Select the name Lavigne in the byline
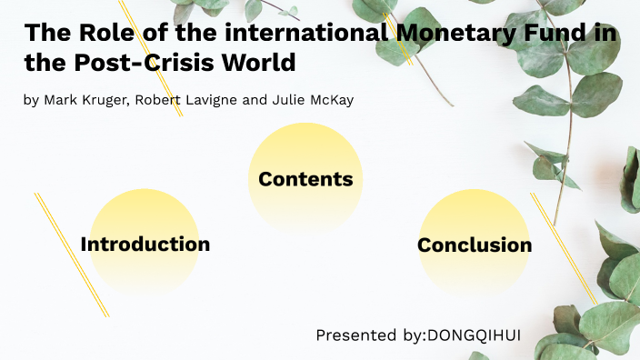(211, 99)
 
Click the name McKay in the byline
(333, 99)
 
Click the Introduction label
(145, 245)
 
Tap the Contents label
(305, 179)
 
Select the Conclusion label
(475, 245)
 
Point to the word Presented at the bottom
(356, 335)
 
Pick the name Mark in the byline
(59, 99)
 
